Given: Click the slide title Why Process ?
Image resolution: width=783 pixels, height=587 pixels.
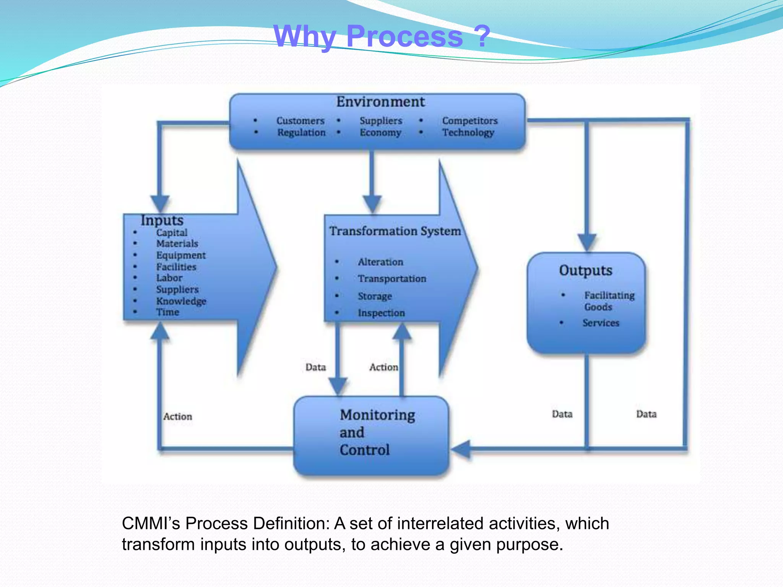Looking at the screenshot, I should coord(382,36).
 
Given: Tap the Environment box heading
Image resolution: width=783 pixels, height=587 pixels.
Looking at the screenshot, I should coord(380,102).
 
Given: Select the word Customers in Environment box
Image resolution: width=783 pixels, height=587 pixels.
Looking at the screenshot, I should coord(301,121).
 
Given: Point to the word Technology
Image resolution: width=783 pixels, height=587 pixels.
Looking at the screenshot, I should coord(468,133).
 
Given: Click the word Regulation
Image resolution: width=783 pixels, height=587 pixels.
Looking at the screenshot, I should coord(301,133).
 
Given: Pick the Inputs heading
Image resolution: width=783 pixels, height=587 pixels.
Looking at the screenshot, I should coord(162,221).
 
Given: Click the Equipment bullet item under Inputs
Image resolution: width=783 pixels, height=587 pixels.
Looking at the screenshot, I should coord(181,255).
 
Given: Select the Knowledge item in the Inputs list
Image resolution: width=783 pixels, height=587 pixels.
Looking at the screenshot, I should coord(181,301).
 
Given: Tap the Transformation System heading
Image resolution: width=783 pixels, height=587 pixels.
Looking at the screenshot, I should coord(395,231).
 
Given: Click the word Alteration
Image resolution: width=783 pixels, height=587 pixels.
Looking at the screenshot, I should coord(380,262).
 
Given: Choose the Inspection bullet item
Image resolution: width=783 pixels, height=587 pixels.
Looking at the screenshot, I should coord(381,313).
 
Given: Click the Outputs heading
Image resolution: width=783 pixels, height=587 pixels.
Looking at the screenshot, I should coord(585,271).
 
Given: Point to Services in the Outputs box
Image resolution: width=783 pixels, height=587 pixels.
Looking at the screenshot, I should coord(601,323).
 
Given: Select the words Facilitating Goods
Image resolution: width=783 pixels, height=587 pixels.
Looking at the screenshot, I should coord(609,301).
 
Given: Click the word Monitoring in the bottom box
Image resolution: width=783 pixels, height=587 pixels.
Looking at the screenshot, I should coord(377,415).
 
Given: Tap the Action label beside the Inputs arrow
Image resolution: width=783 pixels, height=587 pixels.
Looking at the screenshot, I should coord(178,417).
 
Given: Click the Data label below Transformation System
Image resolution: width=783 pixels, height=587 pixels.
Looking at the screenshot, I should coord(315,367).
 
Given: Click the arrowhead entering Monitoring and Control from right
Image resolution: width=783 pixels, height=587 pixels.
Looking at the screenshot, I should coord(461,449).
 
